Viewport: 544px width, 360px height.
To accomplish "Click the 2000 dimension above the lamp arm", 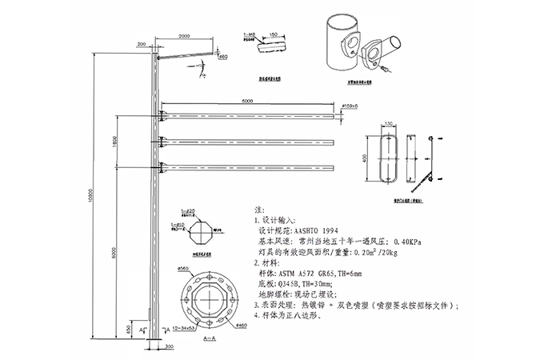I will (x=184, y=37).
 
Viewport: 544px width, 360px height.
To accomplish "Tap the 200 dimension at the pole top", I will (x=142, y=44).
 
